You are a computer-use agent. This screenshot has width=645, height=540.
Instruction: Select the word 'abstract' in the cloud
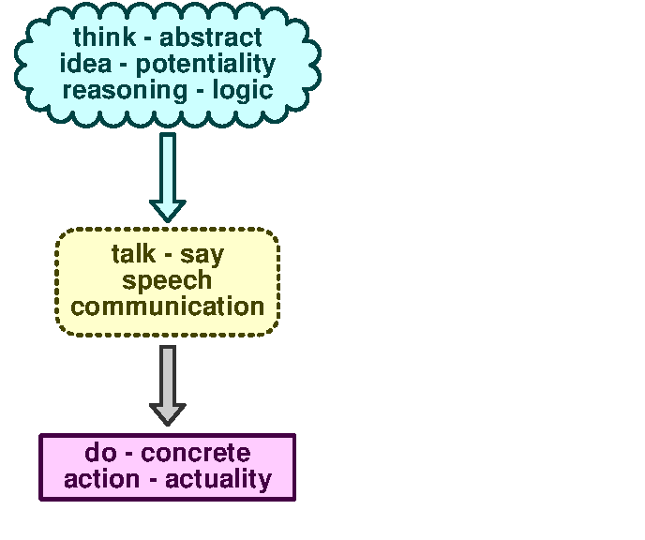click(x=211, y=38)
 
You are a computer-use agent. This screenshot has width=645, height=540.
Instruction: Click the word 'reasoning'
click(x=111, y=91)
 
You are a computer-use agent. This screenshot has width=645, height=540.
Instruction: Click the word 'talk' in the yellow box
click(x=133, y=254)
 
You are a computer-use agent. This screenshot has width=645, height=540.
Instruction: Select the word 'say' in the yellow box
click(x=202, y=255)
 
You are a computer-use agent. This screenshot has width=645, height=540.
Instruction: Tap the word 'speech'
click(x=167, y=280)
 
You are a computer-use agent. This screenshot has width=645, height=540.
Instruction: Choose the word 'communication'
click(x=167, y=307)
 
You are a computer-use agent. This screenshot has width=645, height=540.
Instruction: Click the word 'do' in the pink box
click(x=99, y=453)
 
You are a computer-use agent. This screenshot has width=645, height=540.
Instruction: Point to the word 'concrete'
click(x=197, y=453)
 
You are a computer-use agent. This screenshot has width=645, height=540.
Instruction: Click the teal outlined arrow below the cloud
click(x=168, y=169)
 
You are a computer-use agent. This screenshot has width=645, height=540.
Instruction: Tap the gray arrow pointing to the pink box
click(x=168, y=380)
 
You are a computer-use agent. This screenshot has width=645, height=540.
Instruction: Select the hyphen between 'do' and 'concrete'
click(x=129, y=455)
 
